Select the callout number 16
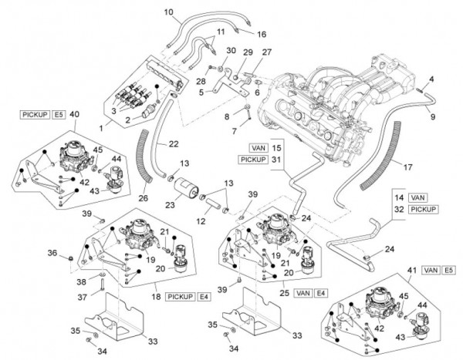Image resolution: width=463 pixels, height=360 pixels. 261,34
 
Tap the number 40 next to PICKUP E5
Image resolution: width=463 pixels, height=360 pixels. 74,114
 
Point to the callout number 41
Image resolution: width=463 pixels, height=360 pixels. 410,270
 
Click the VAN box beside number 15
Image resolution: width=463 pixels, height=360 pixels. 258,146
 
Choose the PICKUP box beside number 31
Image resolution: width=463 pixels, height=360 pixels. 253,160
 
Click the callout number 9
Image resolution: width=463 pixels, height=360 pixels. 432,116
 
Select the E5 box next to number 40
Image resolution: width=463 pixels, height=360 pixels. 58,114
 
